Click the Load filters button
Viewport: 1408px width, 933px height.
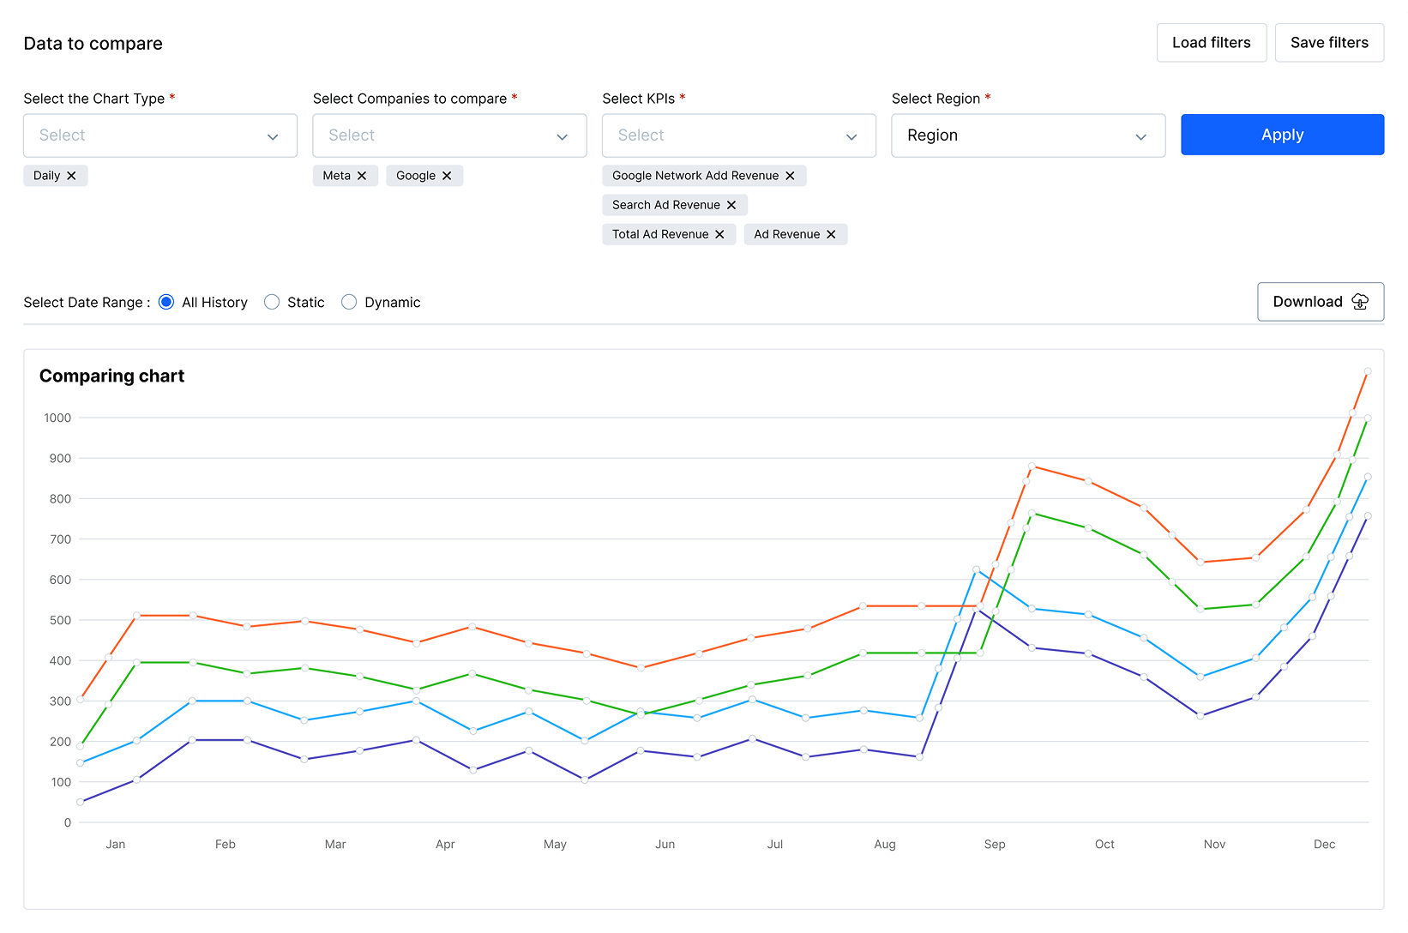click(1211, 43)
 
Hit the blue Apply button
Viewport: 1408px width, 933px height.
click(1282, 135)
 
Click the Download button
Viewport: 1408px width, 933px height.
click(1320, 302)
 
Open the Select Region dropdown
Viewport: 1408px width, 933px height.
click(1027, 135)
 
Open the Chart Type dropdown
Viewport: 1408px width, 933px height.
click(159, 135)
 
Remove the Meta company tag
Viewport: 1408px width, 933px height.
click(362, 176)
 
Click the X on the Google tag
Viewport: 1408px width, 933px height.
click(447, 176)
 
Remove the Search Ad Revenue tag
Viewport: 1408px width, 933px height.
click(731, 205)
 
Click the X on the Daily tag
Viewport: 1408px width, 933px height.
click(72, 176)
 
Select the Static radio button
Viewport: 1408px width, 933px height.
click(272, 302)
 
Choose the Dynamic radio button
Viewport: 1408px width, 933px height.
click(349, 302)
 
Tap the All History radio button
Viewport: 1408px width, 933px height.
click(166, 302)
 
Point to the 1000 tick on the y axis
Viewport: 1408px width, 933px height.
click(57, 418)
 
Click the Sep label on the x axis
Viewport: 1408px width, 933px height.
click(995, 844)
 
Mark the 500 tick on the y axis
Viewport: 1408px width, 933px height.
click(60, 620)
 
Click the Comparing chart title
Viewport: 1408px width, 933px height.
click(111, 376)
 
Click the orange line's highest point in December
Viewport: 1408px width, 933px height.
click(1368, 371)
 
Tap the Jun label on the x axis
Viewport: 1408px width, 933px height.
click(665, 844)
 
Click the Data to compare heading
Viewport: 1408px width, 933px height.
click(93, 44)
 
